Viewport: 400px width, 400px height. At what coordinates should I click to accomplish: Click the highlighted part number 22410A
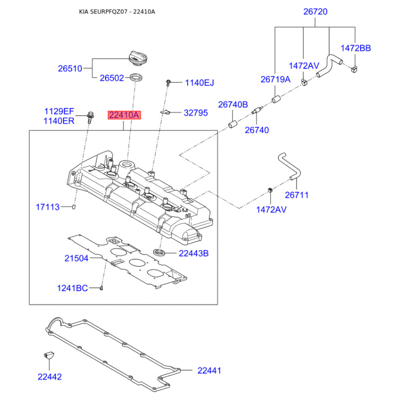[124, 115]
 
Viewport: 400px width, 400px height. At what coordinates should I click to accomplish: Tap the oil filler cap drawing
[138, 58]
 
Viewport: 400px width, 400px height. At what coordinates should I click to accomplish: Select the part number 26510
[70, 68]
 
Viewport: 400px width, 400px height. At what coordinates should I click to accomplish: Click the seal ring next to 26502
[136, 77]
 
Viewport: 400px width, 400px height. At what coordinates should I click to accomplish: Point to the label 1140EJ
[199, 82]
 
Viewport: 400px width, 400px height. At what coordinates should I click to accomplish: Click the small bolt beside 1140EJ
[168, 82]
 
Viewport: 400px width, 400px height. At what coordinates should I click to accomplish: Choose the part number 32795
[195, 113]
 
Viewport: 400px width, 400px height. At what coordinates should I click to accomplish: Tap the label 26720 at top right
[315, 11]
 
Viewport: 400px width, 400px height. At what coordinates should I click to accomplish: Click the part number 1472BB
[355, 48]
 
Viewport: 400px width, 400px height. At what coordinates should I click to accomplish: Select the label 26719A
[275, 79]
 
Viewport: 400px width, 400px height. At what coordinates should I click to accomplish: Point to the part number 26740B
[233, 104]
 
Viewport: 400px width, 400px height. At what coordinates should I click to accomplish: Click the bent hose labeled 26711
[289, 166]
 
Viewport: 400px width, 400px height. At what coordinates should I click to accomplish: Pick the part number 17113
[47, 207]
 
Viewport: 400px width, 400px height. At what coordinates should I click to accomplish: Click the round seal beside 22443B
[158, 252]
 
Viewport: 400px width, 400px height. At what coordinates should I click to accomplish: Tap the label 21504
[76, 258]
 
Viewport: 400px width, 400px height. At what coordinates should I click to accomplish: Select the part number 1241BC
[72, 288]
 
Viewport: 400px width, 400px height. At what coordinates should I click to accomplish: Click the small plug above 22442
[48, 355]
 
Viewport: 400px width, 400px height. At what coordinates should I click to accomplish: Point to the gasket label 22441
[209, 370]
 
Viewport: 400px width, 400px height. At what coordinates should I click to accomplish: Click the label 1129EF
[59, 111]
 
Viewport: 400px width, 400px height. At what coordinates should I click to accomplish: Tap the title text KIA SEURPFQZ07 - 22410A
[117, 11]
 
